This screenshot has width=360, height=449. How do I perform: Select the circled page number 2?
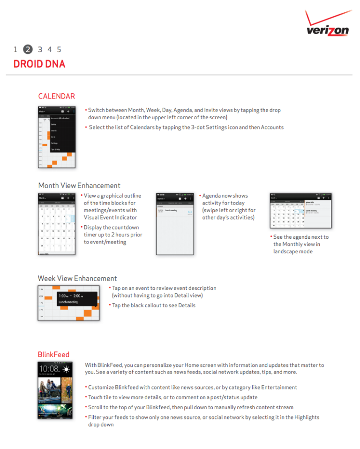28,49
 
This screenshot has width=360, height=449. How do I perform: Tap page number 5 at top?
59,49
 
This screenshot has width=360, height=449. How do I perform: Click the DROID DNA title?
39,64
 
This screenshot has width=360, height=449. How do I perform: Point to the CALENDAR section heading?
56,96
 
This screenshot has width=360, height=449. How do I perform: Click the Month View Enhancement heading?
79,185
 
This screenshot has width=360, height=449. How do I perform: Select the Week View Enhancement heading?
77,278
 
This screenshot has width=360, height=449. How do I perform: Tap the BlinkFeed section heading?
53,354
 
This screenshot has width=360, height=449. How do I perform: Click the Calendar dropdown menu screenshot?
57,137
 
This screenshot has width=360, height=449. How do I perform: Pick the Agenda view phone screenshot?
175,223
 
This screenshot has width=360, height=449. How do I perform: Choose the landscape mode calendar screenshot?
300,210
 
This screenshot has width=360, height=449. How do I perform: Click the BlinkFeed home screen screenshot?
55,390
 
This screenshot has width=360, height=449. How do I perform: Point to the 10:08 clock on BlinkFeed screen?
49,369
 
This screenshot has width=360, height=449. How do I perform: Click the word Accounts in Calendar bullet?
272,127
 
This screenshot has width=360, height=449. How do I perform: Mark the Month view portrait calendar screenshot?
57,223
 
